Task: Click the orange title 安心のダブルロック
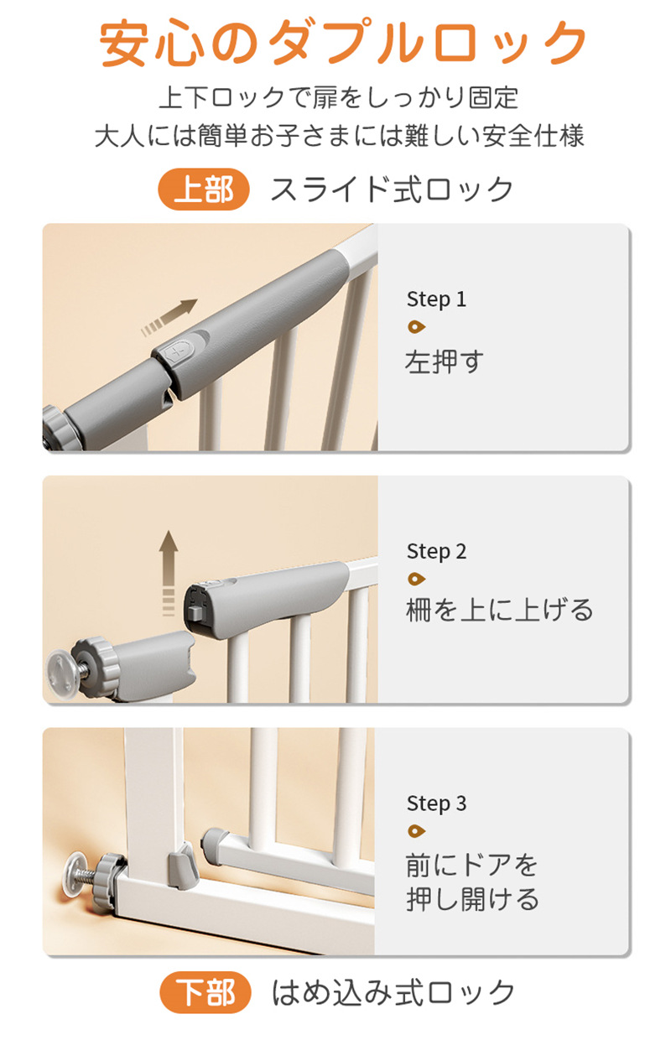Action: click(343, 42)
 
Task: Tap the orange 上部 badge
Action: click(203, 190)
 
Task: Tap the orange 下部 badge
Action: click(205, 992)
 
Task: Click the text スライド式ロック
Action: click(392, 190)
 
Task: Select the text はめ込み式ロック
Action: click(393, 993)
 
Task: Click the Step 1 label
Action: click(436, 299)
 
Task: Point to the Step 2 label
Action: click(436, 552)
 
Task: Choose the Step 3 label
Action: click(436, 803)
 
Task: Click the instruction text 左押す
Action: click(445, 362)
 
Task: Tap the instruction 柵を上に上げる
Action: click(500, 610)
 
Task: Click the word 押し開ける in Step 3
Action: click(472, 899)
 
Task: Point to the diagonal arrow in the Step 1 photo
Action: click(169, 318)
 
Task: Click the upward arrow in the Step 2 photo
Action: click(168, 574)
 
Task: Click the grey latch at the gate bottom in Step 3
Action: click(183, 867)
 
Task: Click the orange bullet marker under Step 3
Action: click(416, 830)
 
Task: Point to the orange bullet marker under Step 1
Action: click(416, 327)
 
